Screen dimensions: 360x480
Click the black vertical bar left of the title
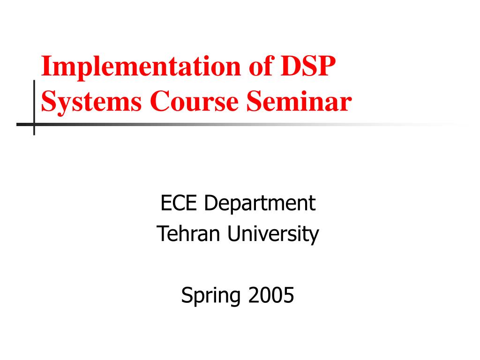tap(34, 101)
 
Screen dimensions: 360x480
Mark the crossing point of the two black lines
tap(34, 125)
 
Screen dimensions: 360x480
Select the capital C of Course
tap(159, 102)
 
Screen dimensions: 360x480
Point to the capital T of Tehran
tap(162, 234)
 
